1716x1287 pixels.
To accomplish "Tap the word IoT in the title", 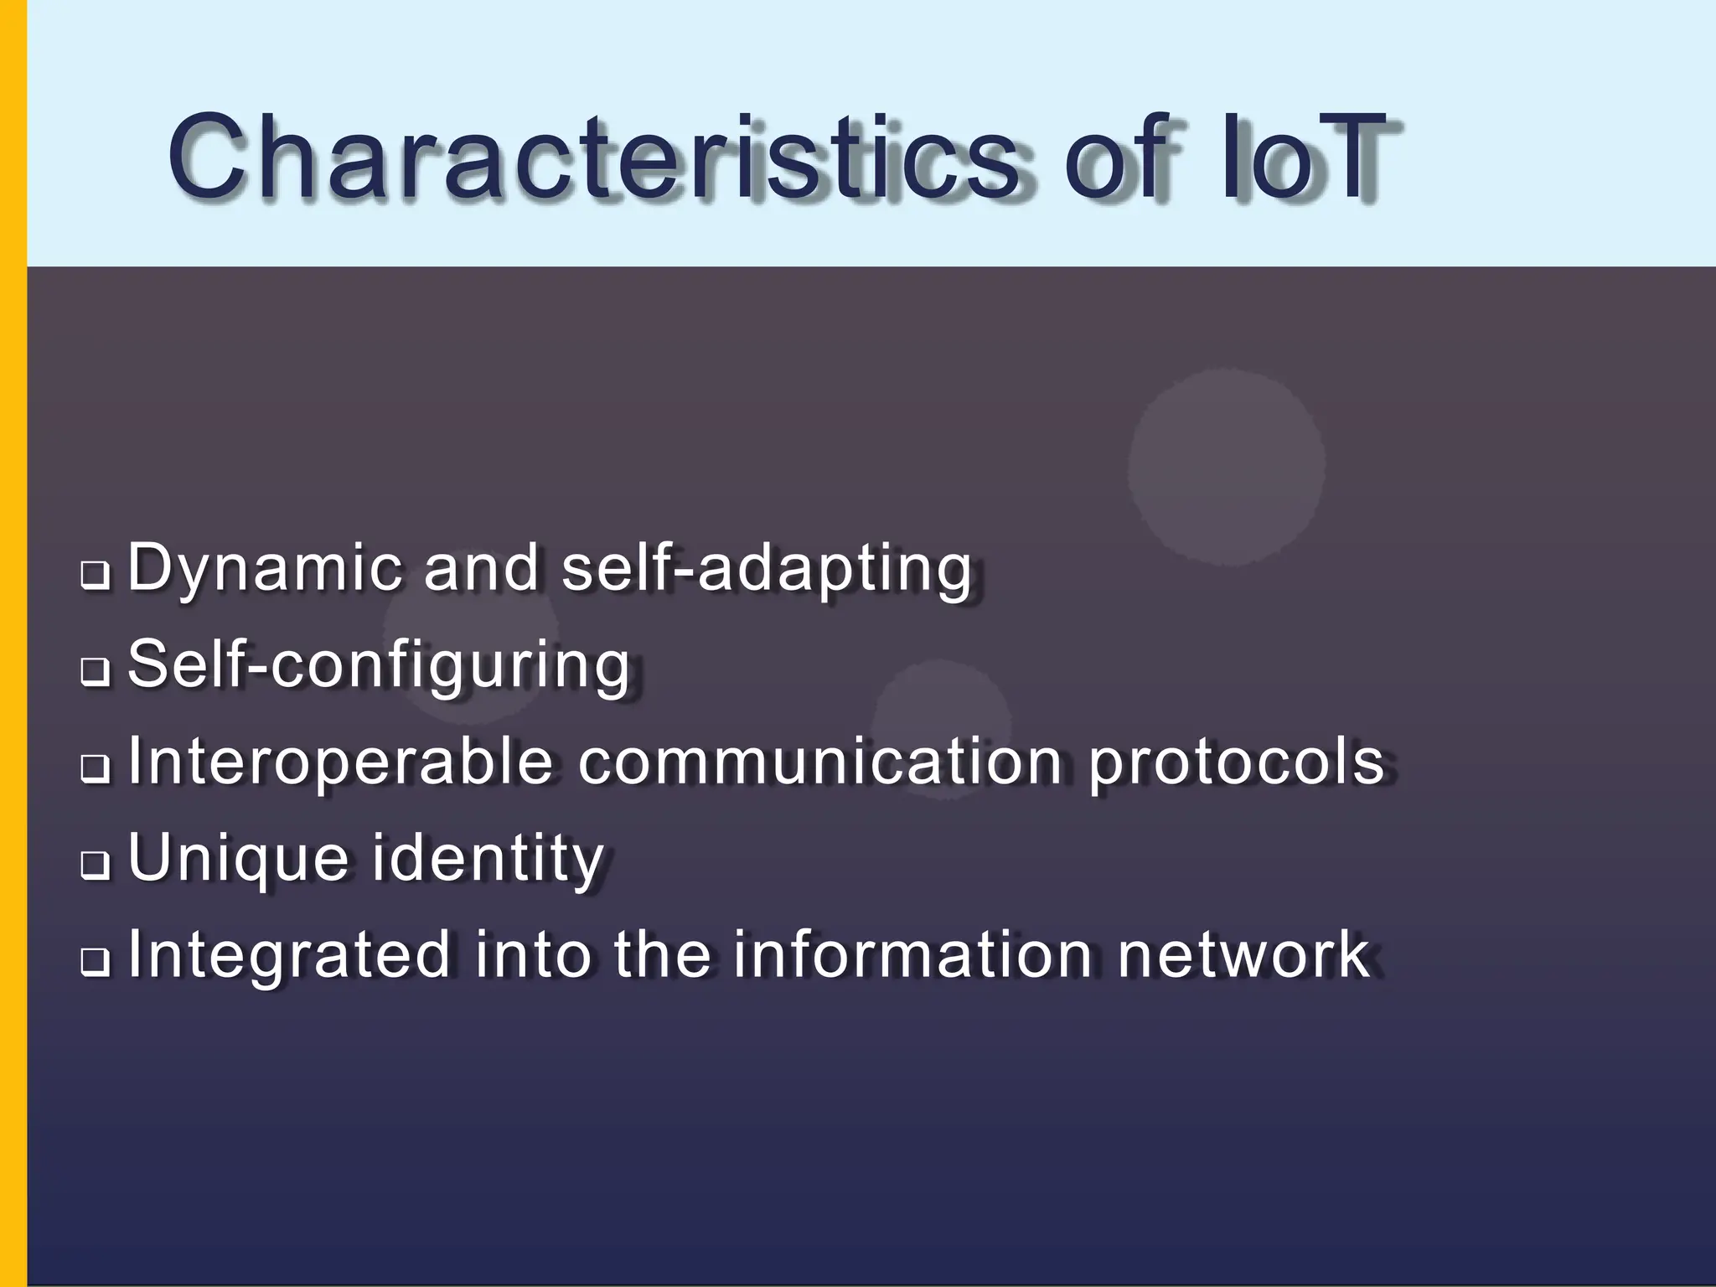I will (1304, 158).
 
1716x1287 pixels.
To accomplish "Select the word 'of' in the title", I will (1118, 158).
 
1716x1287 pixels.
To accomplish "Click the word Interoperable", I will (340, 762).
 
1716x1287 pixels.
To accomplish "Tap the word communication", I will (820, 762).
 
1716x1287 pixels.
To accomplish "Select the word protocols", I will (1236, 762).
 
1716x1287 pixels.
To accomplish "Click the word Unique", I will (238, 860).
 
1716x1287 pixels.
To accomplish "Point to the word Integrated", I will (289, 955).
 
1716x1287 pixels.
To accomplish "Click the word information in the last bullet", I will (912, 955).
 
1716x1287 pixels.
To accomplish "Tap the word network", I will (1243, 955).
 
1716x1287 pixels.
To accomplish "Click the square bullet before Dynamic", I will (95, 576).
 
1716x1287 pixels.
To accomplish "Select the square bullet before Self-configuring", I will (95, 672).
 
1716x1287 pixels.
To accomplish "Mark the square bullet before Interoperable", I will (95, 768).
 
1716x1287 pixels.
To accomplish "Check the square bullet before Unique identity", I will (95, 866).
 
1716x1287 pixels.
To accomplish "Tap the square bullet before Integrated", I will (95, 962).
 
